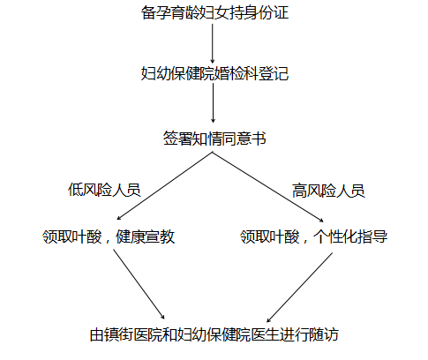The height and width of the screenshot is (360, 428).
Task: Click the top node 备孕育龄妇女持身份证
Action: coord(214,12)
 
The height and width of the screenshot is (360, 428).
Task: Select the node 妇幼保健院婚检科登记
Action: coord(214,73)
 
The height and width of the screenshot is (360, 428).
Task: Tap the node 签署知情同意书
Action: coord(214,139)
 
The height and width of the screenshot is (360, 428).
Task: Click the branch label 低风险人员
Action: coord(104,190)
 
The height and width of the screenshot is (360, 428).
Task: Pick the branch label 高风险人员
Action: coord(328,191)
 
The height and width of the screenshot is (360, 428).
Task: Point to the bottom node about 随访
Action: coord(214,334)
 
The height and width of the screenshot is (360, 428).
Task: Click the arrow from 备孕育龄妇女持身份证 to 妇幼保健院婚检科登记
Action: coord(213,43)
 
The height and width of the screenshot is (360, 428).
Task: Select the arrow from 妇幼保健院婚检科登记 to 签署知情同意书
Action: coord(213,103)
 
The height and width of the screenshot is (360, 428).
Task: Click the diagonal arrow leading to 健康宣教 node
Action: coord(165,186)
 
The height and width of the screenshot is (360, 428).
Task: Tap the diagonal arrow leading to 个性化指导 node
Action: coord(268,187)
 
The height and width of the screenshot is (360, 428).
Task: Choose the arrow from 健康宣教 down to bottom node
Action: coord(139,284)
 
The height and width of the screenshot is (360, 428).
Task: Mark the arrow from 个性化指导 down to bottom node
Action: coord(299,288)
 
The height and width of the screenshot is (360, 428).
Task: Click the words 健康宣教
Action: coord(146,236)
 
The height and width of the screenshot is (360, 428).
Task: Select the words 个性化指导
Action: coord(350,236)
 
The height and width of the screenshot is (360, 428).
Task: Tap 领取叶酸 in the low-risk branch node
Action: coord(72,236)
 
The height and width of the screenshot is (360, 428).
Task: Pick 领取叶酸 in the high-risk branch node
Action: coord(270,236)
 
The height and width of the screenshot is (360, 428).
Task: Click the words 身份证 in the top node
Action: coord(267,12)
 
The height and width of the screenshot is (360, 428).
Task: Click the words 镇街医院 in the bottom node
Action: coord(133,334)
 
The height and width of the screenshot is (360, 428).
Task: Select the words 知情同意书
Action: coord(229,139)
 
